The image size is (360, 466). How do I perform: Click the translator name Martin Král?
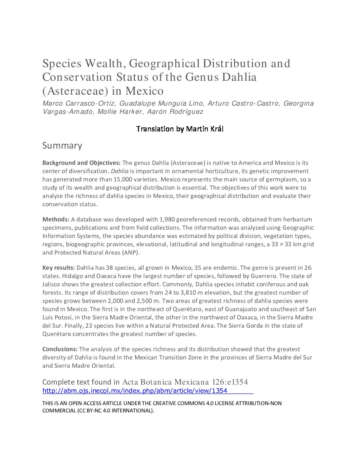tap(205, 129)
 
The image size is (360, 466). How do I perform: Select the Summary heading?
tap(62, 146)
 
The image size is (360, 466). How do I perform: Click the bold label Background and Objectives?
tap(81, 163)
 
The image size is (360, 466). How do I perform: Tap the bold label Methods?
tap(56, 219)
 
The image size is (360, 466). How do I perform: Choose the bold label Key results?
tap(59, 268)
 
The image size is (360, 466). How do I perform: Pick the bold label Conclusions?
tap(60, 349)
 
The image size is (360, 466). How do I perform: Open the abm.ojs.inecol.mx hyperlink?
tap(135, 391)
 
